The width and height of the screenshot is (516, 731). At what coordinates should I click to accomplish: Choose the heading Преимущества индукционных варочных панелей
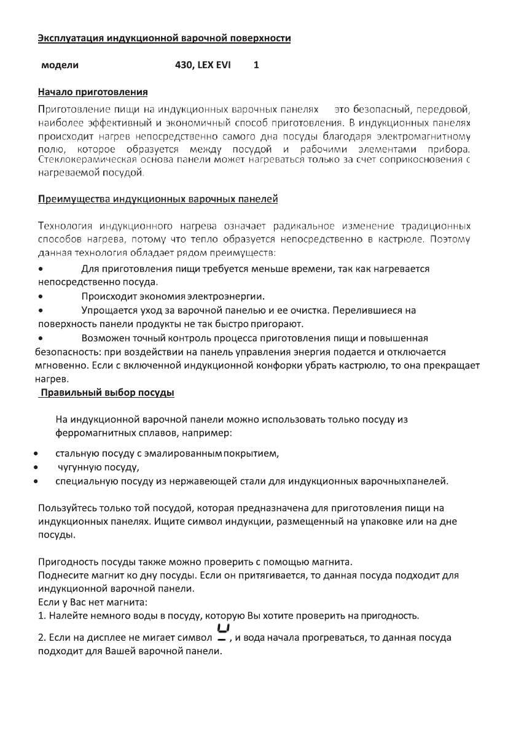click(x=158, y=199)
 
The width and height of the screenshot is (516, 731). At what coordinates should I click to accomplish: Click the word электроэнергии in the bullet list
click(x=225, y=295)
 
